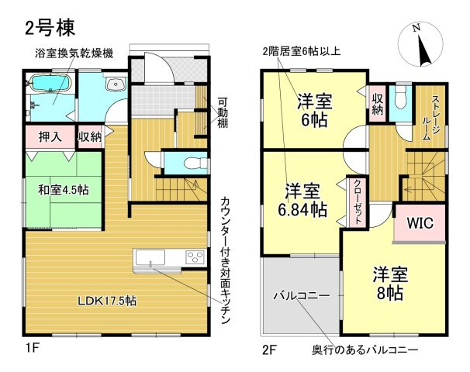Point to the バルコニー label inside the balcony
point(301,296)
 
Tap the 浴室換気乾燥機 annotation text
point(74,53)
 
